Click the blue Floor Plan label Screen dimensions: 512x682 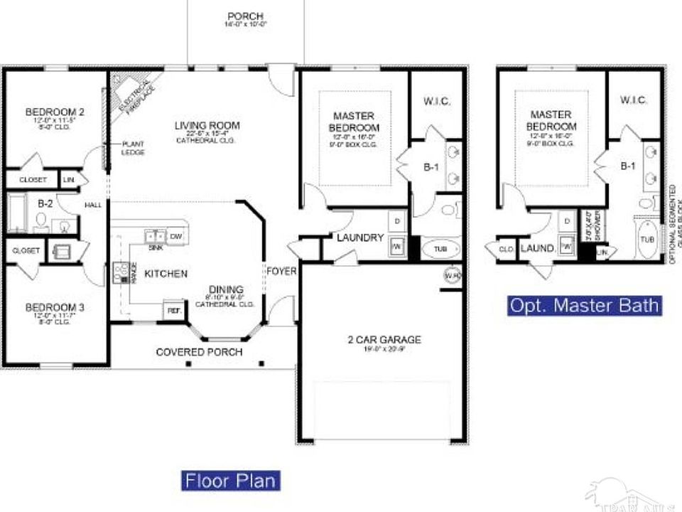pyautogui.click(x=230, y=480)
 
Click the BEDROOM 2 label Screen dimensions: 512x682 pyautogui.click(x=55, y=112)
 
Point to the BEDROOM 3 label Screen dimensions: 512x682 pyautogui.click(x=55, y=307)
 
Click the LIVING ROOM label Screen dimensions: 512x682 pyautogui.click(x=207, y=126)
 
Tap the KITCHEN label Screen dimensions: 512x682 pyautogui.click(x=166, y=273)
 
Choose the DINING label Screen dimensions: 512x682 pyautogui.click(x=226, y=289)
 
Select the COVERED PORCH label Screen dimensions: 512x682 pyautogui.click(x=199, y=352)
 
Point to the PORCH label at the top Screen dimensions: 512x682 pyautogui.click(x=246, y=16)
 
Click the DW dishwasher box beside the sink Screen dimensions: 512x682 pyautogui.click(x=177, y=236)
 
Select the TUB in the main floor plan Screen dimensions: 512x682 pyautogui.click(x=441, y=250)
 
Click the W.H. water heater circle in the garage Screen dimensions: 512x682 pyautogui.click(x=451, y=274)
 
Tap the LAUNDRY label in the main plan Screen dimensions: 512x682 pyautogui.click(x=360, y=238)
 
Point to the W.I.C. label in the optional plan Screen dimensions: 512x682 pyautogui.click(x=633, y=100)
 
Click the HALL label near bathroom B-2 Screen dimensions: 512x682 pyautogui.click(x=93, y=205)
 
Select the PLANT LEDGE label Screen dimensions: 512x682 pyautogui.click(x=133, y=147)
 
